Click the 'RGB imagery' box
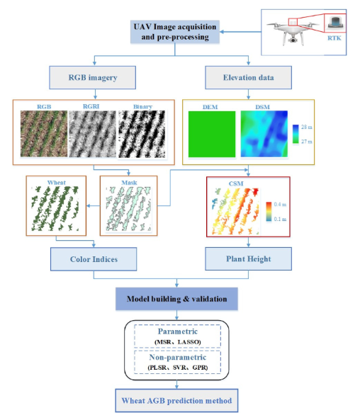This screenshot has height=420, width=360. [x=92, y=77]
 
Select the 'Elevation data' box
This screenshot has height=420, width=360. [x=248, y=77]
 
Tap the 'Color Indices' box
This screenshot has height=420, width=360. [x=94, y=259]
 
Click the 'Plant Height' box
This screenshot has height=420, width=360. [x=248, y=259]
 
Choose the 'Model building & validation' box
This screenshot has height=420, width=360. [x=176, y=299]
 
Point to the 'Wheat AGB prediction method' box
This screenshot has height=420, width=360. [x=176, y=400]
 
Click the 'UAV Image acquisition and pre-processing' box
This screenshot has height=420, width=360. [x=175, y=32]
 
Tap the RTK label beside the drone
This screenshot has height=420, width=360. [x=334, y=38]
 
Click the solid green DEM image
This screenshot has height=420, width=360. [x=212, y=134]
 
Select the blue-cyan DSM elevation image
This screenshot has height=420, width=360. [x=264, y=134]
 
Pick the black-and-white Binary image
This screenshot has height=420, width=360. [x=142, y=134]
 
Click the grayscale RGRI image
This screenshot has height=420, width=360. [x=92, y=134]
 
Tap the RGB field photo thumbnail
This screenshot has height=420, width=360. [x=44, y=134]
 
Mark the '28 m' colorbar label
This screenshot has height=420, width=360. [x=306, y=127]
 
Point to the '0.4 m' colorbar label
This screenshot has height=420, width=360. [x=280, y=205]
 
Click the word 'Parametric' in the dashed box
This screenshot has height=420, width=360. [x=177, y=331]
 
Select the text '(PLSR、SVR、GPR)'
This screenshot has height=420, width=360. [x=177, y=368]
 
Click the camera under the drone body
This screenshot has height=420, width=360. [x=293, y=40]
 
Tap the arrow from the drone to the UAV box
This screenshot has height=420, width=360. [x=240, y=32]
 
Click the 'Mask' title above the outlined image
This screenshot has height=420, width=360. [x=129, y=183]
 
